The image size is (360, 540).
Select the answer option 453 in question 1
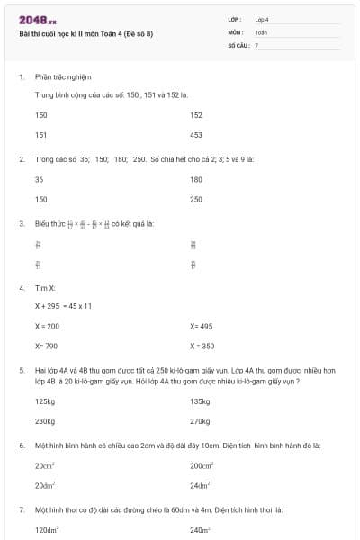coord(196,134)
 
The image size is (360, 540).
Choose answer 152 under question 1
coord(196,115)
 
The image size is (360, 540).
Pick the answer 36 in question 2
coord(39,179)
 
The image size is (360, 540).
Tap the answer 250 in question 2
coord(196,199)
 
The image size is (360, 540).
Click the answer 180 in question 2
coord(196,179)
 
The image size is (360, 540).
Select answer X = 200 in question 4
coord(47,326)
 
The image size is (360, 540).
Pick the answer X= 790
coord(46,346)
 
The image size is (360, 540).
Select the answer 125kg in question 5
coord(45,401)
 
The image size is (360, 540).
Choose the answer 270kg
coord(200,420)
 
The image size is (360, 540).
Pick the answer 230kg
coord(45,420)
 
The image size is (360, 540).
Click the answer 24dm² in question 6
coord(199,485)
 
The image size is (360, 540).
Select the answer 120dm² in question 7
coord(47,530)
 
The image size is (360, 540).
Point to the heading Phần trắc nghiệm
coord(63,77)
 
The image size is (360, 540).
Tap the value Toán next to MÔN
coord(262,31)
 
